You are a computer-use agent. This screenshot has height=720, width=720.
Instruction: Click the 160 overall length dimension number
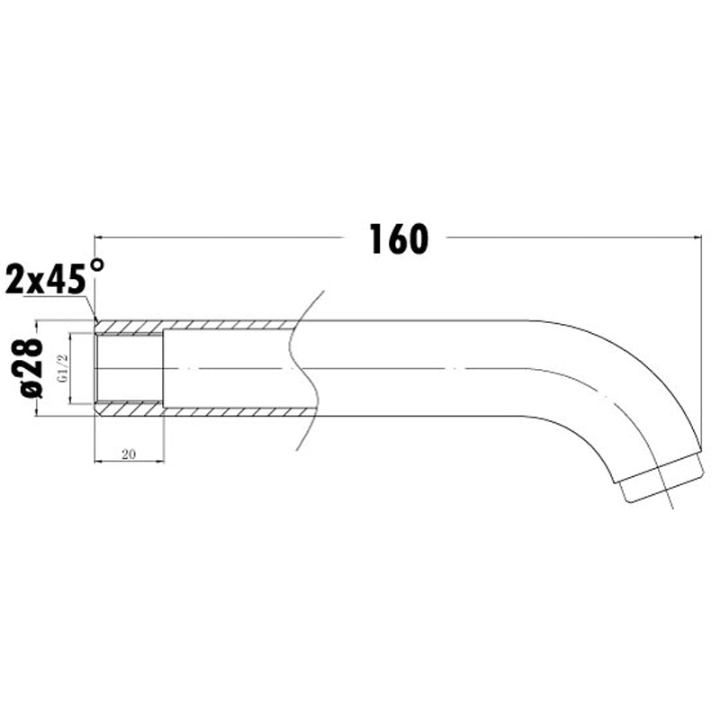click(397, 238)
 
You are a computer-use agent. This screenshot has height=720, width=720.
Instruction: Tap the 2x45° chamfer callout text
click(54, 277)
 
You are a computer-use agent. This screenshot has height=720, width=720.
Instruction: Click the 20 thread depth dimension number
click(128, 455)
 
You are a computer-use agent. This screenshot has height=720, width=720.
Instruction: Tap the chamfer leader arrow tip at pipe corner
click(95, 320)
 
